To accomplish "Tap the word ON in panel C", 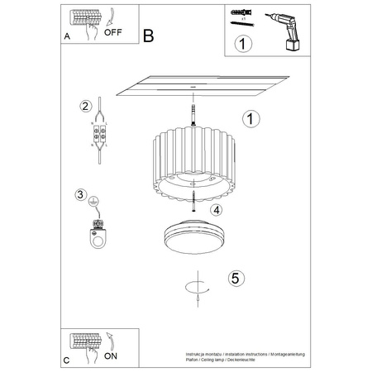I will [x=110, y=356].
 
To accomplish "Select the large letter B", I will [x=148, y=36].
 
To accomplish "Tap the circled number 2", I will [x=84, y=106].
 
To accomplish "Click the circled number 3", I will [x=80, y=195].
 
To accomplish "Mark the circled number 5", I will [x=235, y=279].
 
